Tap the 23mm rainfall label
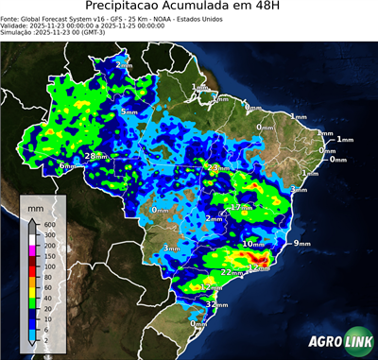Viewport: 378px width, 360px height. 218,168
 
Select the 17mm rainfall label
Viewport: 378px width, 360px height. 242,207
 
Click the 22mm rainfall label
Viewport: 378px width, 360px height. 232,272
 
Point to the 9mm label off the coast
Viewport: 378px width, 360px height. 302,244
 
